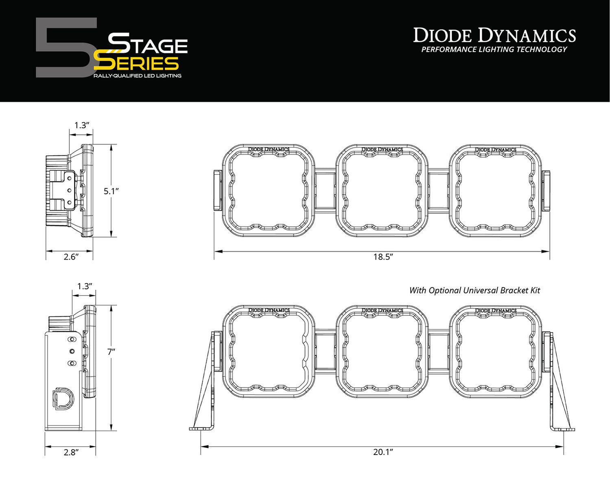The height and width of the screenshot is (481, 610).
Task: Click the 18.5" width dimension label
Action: pyautogui.click(x=383, y=257)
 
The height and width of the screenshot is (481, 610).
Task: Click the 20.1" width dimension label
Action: pyautogui.click(x=383, y=452)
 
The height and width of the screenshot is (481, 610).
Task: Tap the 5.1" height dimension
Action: pyautogui.click(x=111, y=191)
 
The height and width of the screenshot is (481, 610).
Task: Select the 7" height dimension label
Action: pyautogui.click(x=111, y=352)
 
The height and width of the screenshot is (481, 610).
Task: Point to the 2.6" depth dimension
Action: pyautogui.click(x=71, y=257)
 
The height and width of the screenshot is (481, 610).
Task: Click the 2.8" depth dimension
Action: pyautogui.click(x=70, y=452)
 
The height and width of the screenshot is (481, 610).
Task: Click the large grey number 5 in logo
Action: pyautogui.click(x=65, y=48)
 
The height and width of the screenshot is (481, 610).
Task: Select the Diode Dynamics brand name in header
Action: pyautogui.click(x=494, y=35)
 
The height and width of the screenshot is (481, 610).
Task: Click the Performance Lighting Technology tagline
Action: pyautogui.click(x=494, y=50)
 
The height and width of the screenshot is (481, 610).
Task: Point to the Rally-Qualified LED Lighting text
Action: pyautogui.click(x=137, y=76)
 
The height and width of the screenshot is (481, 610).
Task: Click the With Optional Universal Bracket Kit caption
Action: pyautogui.click(x=474, y=290)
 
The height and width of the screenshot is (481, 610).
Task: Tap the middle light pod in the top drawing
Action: pyautogui.click(x=382, y=191)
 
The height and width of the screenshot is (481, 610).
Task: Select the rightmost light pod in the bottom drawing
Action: pyautogui.click(x=495, y=352)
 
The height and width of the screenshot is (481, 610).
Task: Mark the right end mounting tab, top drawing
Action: pyautogui.click(x=546, y=191)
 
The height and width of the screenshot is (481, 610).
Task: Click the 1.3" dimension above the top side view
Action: pyautogui.click(x=81, y=125)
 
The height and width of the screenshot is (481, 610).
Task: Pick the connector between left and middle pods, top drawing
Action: pyautogui.click(x=325, y=191)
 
